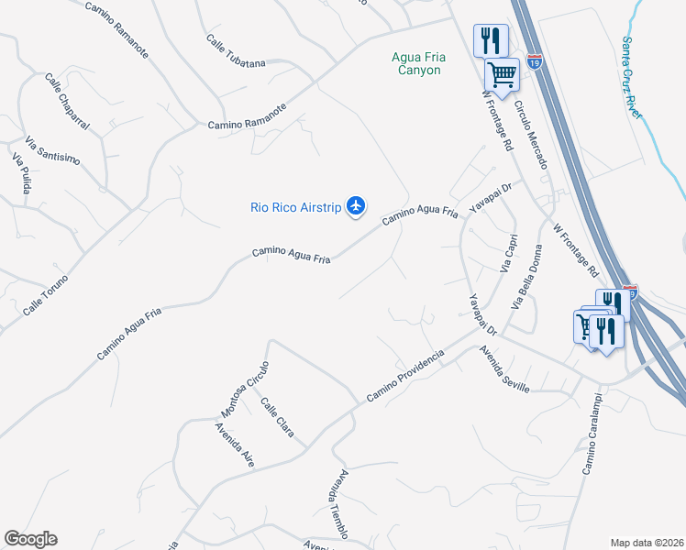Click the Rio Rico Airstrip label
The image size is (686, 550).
pyautogui.click(x=295, y=207)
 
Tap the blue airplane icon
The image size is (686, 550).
pyautogui.click(x=357, y=206)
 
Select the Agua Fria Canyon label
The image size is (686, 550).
pyautogui.click(x=416, y=63)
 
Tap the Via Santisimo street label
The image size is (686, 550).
pyautogui.click(x=52, y=151)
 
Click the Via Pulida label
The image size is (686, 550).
pyautogui.click(x=21, y=173)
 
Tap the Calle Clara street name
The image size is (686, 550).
pyautogui.click(x=277, y=417)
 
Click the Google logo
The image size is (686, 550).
pyautogui.click(x=30, y=539)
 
